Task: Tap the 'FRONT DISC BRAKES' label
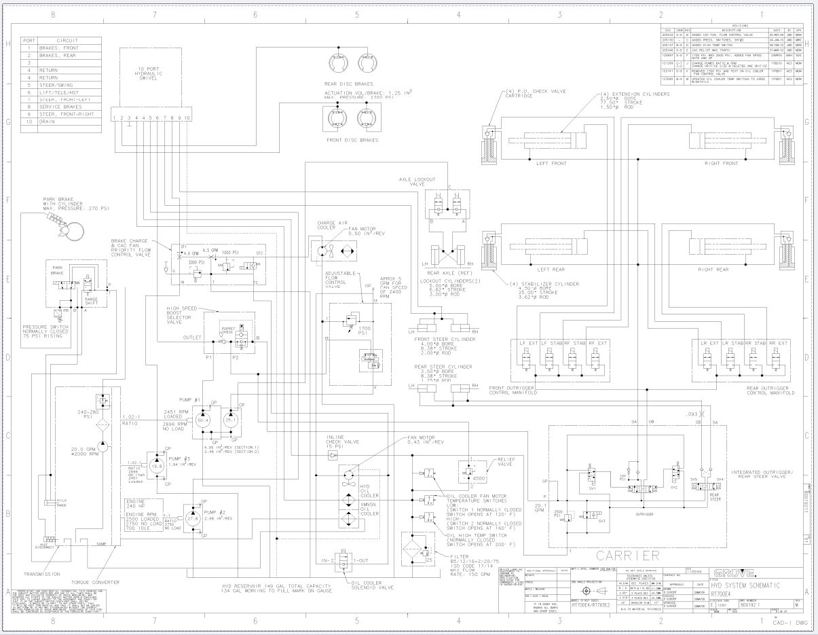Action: pyautogui.click(x=352, y=141)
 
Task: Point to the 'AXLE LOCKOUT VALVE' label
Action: pyautogui.click(x=413, y=181)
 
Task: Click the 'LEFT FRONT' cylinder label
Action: pyautogui.click(x=551, y=163)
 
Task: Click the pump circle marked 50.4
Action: pyautogui.click(x=202, y=420)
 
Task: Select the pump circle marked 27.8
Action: pyautogui.click(x=193, y=518)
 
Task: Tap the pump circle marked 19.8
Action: pyautogui.click(x=157, y=467)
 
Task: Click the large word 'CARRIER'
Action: pyautogui.click(x=628, y=554)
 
